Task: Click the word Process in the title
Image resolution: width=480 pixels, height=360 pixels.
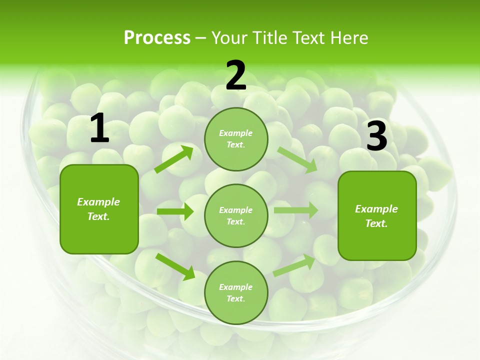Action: coord(157,38)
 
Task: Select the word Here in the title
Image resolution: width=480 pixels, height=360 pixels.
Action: coord(348,38)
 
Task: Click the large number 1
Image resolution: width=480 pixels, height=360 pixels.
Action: coord(99,128)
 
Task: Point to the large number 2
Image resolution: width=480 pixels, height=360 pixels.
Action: coord(236,75)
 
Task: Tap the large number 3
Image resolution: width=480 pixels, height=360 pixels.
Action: coord(376,136)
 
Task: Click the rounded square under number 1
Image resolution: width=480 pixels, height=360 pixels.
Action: coord(99,209)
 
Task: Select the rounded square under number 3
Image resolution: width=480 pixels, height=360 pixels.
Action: coord(377,216)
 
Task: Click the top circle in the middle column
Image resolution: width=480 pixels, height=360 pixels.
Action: coord(236,139)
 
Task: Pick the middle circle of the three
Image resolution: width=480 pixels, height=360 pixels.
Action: coord(236,215)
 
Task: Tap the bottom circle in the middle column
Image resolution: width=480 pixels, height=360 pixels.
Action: coord(236,292)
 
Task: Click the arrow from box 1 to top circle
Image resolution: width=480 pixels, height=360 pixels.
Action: coord(174,159)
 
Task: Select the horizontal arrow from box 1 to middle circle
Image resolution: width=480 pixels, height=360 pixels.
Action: coord(175,211)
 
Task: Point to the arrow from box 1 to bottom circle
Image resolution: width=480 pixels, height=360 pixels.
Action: coord(175,266)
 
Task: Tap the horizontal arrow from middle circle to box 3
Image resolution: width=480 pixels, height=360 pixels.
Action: coord(295,210)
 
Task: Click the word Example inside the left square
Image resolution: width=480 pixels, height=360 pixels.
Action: coord(98,202)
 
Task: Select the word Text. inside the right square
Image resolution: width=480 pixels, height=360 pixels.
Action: coord(376,223)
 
